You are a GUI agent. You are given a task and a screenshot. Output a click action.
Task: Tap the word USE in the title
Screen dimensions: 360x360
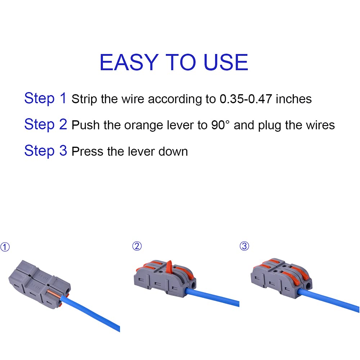(x=226, y=62)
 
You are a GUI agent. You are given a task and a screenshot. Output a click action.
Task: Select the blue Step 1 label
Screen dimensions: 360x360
(x=45, y=98)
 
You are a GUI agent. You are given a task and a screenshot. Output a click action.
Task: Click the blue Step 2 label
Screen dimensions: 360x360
(x=45, y=124)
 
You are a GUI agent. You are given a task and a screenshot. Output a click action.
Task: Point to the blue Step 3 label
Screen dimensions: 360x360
(x=45, y=150)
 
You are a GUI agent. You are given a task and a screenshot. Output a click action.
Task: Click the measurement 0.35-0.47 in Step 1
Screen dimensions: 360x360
(x=246, y=99)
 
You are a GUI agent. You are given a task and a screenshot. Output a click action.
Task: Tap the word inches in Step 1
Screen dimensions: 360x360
(x=293, y=99)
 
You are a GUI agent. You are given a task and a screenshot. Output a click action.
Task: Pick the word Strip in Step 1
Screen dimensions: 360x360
(x=84, y=99)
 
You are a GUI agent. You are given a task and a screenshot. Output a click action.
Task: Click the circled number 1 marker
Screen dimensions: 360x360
(x=5, y=247)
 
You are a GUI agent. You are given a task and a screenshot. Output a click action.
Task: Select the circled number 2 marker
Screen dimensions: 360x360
(x=137, y=246)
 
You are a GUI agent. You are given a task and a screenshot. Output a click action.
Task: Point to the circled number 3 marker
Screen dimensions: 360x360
(x=244, y=246)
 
